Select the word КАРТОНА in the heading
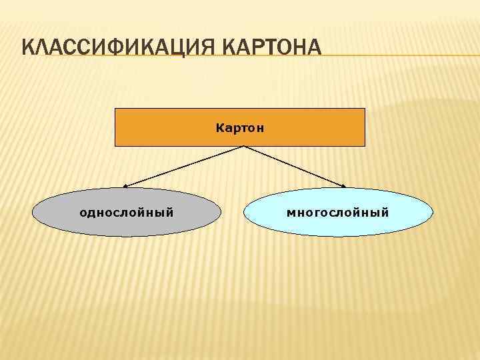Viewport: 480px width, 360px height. pyautogui.click(x=271, y=49)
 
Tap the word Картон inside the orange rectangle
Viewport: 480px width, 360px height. pyautogui.click(x=240, y=127)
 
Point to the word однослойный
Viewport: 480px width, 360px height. pyautogui.click(x=127, y=213)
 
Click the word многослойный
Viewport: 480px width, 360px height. pyautogui.click(x=338, y=213)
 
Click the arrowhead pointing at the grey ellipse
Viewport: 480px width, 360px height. pyautogui.click(x=126, y=185)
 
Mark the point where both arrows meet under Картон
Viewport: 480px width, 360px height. pyautogui.click(x=239, y=146)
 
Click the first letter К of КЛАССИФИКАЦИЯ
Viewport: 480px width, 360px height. pyautogui.click(x=28, y=49)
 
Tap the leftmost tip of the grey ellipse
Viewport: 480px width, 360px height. pyautogui.click(x=33, y=213)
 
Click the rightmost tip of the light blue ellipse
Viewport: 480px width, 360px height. pyautogui.click(x=433, y=213)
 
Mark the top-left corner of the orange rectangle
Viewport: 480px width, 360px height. pyautogui.click(x=115, y=108)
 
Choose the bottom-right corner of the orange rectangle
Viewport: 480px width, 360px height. pyautogui.click(x=365, y=145)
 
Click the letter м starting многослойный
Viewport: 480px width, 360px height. pyautogui.click(x=291, y=213)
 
